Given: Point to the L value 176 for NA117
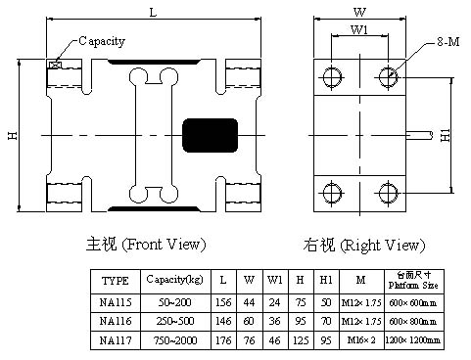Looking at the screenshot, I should click(225, 341).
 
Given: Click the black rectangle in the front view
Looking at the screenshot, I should click(212, 133).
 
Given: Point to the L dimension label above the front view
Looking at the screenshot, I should click(154, 12).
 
